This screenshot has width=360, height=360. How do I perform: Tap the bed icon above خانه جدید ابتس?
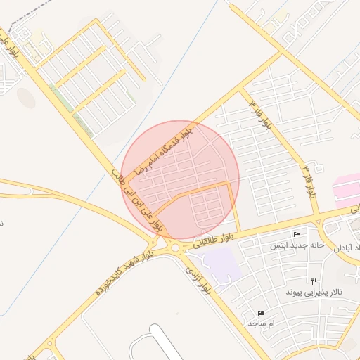coord(297,235)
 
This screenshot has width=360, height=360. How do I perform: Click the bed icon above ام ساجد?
coord(262,312)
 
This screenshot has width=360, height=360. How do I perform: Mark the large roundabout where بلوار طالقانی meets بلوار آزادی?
coord(173,247)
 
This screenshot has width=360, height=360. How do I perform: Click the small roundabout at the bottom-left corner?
coord(49,345)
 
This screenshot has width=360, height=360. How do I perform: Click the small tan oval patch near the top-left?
coord(26,98)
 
